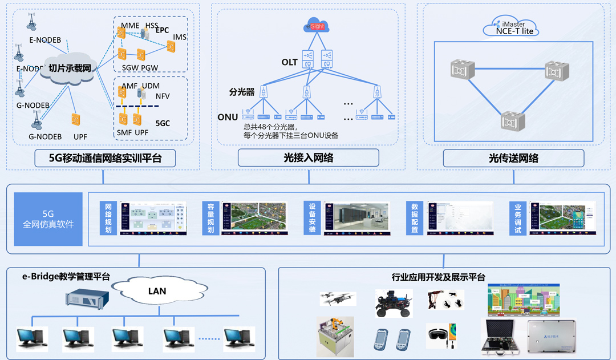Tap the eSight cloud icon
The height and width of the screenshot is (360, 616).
click(317, 26)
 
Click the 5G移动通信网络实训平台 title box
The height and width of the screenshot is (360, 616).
click(105, 158)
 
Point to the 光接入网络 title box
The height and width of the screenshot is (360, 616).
click(308, 158)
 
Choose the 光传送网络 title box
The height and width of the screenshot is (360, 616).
click(513, 158)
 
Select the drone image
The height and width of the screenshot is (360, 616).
click(338, 298)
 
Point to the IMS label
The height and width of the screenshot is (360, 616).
click(180, 37)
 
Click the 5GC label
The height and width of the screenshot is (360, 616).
click(163, 123)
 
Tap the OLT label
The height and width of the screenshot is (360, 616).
click(289, 62)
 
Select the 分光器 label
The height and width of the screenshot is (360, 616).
click(241, 91)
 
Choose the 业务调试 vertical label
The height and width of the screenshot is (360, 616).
click(517, 219)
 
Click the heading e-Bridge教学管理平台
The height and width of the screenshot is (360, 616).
click(66, 277)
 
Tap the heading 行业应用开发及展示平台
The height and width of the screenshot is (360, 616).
click(438, 277)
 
